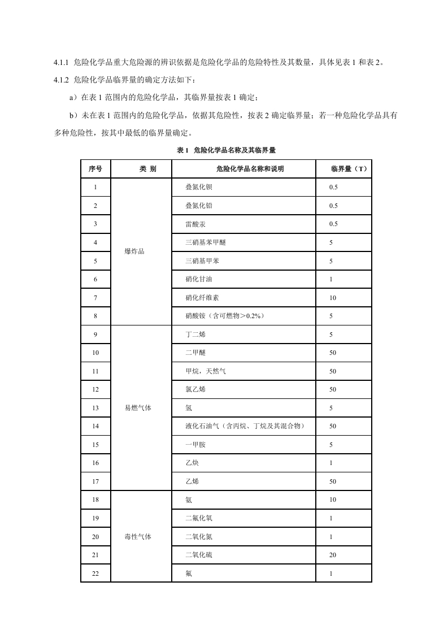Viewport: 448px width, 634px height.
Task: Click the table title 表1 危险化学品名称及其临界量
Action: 226,150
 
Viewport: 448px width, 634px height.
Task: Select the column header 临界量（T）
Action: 349,169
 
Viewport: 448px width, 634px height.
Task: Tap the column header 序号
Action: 95,169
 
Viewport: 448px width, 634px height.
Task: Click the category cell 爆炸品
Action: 134,251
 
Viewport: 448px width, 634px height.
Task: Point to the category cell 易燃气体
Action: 138,408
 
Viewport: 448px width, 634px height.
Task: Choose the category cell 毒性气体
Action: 138,537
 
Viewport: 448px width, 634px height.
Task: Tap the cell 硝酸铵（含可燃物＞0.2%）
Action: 224,316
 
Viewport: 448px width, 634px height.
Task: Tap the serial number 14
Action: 95,426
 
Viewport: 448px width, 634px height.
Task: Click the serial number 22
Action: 95,574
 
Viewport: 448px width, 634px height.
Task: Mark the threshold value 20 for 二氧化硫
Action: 333,555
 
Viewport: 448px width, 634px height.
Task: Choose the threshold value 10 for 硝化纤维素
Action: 333,298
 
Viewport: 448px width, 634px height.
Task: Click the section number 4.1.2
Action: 61,80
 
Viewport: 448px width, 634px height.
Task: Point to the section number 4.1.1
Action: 61,62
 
